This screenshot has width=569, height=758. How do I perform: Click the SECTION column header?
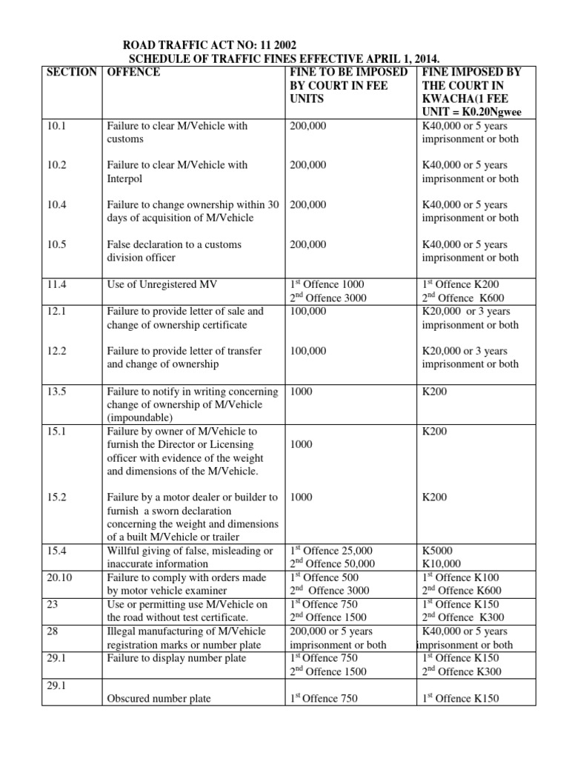[71, 72]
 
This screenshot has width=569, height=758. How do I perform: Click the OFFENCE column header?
[134, 72]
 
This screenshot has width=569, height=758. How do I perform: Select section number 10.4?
[56, 204]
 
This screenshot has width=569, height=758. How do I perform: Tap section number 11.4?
[56, 284]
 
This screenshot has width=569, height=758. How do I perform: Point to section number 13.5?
[56, 391]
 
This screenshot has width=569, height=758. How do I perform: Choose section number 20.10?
[59, 577]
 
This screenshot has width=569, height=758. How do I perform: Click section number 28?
[51, 631]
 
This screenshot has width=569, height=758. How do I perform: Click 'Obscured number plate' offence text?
[159, 699]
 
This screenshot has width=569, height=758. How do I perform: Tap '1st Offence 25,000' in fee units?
[331, 550]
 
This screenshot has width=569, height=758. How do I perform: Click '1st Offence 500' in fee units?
[325, 577]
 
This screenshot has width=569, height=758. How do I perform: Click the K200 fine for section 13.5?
[434, 391]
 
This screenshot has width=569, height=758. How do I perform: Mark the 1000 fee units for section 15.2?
[302, 497]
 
